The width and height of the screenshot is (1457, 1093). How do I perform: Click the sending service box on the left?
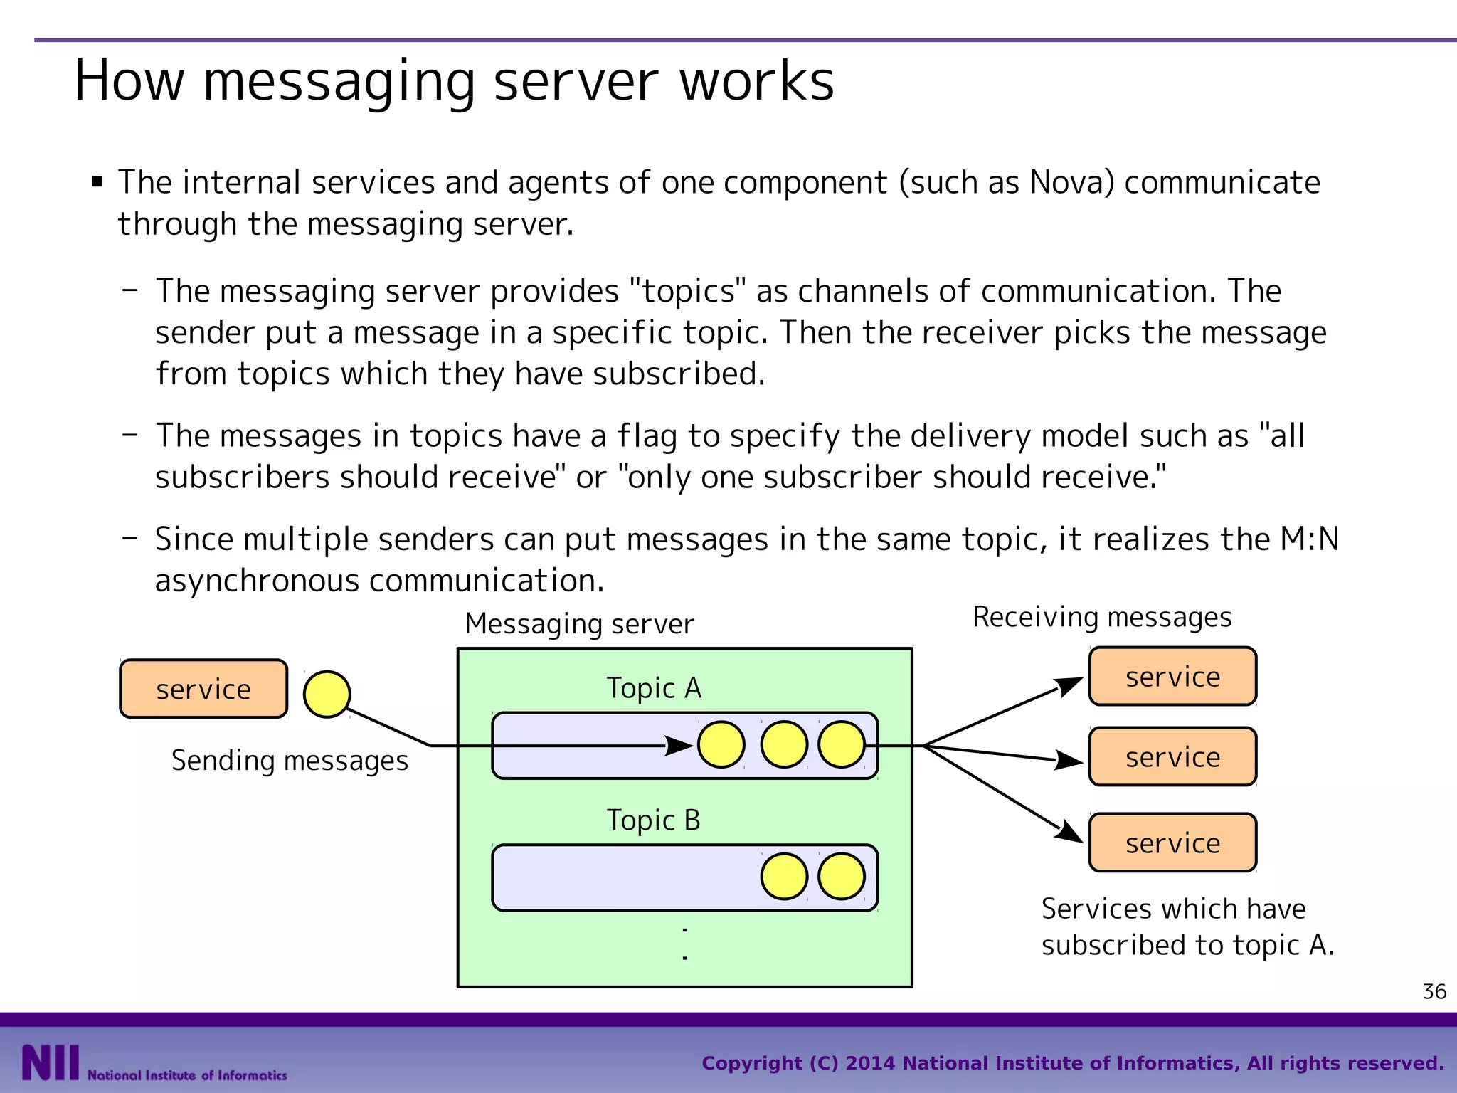[203, 689]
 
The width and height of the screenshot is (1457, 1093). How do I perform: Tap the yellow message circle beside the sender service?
[327, 694]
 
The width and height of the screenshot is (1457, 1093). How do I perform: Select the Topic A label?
[654, 688]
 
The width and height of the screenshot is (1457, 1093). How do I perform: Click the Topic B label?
[653, 820]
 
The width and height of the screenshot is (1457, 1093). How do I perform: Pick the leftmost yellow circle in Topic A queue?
[721, 744]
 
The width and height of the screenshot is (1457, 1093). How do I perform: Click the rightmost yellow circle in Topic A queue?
[842, 744]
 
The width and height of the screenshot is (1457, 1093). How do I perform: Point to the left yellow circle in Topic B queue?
[784, 876]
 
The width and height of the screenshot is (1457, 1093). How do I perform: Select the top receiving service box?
[1172, 676]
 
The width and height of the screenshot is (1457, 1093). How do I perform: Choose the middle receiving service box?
[1172, 756]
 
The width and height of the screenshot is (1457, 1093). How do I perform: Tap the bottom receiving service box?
[1172, 843]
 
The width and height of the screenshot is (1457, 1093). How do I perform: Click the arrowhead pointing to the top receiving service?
[1069, 686]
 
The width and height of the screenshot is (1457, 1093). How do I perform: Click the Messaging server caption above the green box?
[579, 624]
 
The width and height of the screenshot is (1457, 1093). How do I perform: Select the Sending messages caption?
[290, 761]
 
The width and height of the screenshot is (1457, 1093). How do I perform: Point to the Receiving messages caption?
[1102, 617]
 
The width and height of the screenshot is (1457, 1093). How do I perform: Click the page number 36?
[1434, 991]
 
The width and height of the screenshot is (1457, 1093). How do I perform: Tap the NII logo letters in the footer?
[50, 1062]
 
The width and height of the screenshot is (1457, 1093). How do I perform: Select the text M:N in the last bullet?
[1309, 539]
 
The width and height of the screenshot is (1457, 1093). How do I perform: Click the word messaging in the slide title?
[339, 81]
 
